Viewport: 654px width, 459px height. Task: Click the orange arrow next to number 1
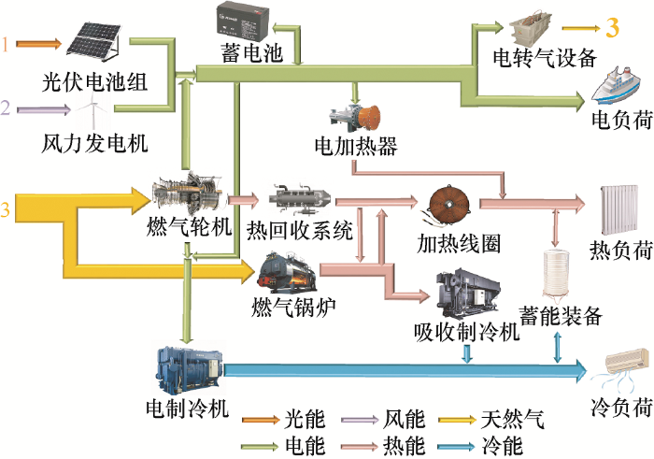pos(38,43)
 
